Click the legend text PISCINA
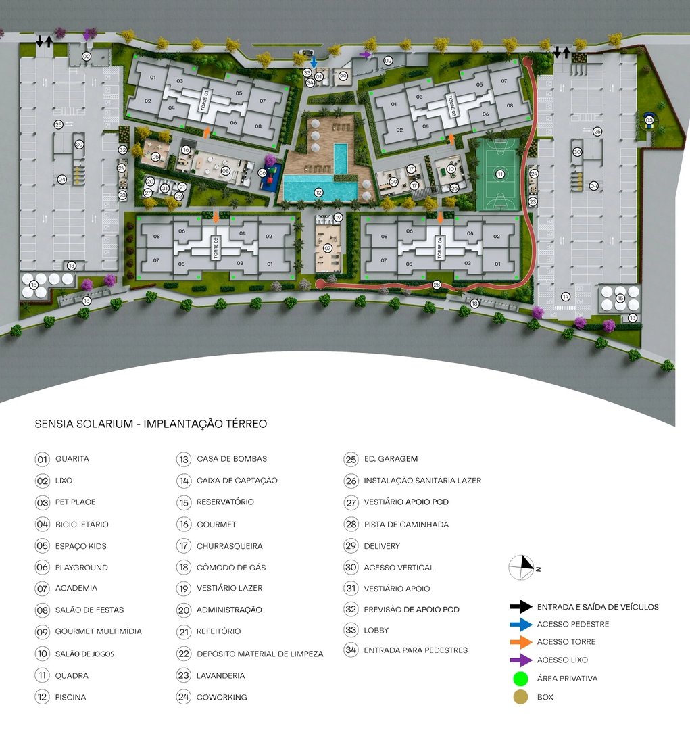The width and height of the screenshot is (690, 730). pos(70,697)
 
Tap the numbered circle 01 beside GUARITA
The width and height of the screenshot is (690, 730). pos(43,459)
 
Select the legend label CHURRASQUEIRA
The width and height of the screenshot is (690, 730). pos(229,546)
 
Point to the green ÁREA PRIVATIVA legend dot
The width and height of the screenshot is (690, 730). pos(520,678)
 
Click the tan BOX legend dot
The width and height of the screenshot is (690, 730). pos(520,696)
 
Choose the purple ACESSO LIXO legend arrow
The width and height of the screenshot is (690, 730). pos(521,660)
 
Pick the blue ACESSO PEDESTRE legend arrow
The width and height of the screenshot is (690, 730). pos(521,624)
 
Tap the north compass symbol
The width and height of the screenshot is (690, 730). pos(522,567)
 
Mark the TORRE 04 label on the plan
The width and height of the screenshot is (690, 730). pos(439,248)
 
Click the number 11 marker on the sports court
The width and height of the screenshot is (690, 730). pos(500,174)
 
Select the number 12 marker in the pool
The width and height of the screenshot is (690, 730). pos(318,193)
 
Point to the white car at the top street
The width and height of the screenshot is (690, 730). pos(307,53)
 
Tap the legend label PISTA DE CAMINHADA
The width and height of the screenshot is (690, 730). pos(405,525)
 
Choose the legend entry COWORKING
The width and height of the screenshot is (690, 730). pos(222,697)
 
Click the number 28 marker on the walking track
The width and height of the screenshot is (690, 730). pos(437,285)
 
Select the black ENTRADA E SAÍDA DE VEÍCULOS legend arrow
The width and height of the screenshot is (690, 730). pos(521,606)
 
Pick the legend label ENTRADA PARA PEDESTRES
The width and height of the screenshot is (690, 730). pos(415,650)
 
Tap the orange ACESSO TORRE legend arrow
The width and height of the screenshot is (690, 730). pos(521,642)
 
